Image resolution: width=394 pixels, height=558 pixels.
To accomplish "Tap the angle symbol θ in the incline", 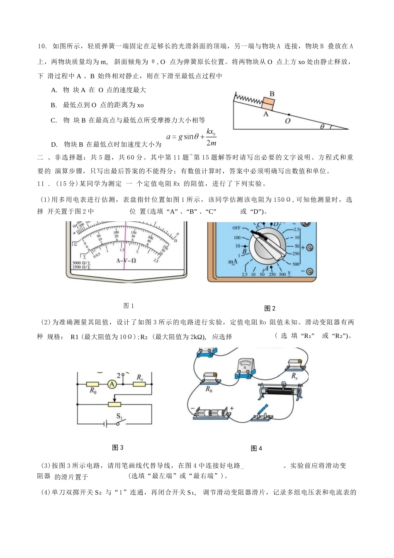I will (x=323, y=126).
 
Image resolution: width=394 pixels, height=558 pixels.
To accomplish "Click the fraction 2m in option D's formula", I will (x=211, y=143).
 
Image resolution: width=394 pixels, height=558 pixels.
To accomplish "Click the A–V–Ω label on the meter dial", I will (x=126, y=260).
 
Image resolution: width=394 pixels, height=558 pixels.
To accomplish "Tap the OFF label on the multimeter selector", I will (x=236, y=228).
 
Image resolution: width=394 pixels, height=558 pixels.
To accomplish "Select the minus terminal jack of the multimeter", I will (x=310, y=272).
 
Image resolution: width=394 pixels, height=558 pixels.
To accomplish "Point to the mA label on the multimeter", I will (x=233, y=262).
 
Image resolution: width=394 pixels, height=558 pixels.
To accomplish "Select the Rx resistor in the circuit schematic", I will (x=139, y=384).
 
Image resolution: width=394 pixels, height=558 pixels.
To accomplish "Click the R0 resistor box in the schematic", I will (x=92, y=384).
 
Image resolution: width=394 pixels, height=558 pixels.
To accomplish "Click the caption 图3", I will (x=118, y=448).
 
